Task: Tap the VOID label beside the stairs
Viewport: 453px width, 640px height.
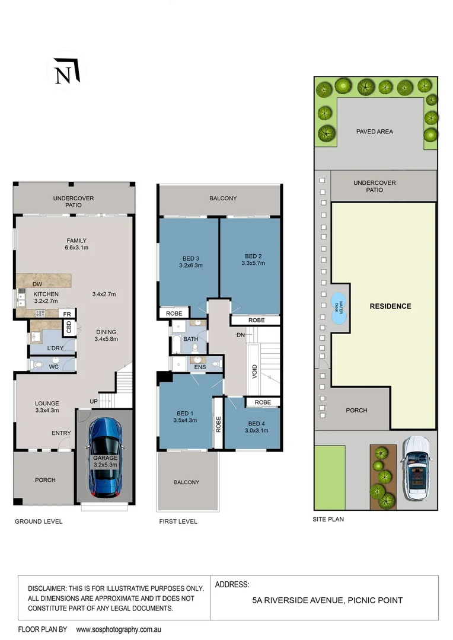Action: coord(254,372)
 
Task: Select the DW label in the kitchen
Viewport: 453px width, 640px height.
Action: coord(37,284)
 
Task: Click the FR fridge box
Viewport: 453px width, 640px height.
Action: coord(68,313)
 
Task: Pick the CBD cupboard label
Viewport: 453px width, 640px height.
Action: coord(69,328)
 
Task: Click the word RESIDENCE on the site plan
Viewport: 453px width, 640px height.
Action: coord(390,306)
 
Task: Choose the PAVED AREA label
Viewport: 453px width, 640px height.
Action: coord(374,132)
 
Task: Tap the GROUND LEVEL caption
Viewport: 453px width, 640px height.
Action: coord(39,521)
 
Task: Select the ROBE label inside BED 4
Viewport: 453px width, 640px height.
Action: coord(263,402)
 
